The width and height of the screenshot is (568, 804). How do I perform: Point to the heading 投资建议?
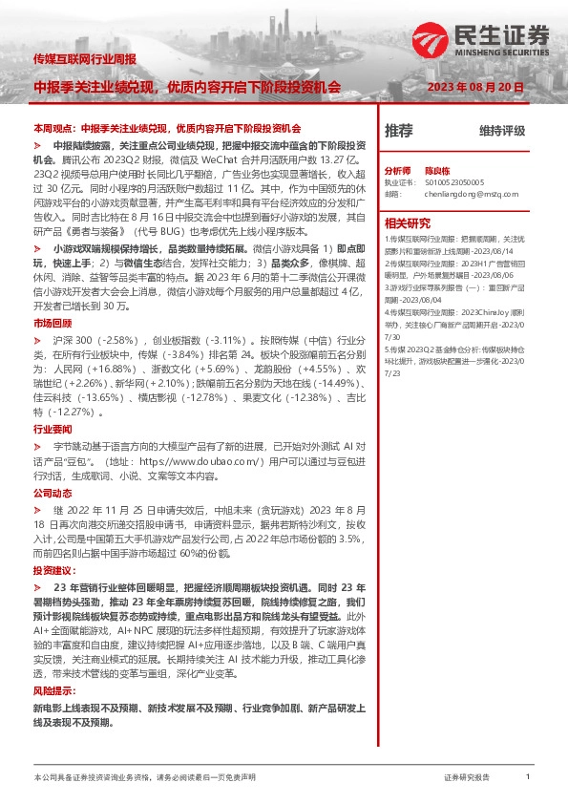click(53, 569)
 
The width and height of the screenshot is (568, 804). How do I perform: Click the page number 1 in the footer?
click(527, 777)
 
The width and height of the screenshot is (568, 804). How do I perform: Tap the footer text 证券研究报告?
click(467, 778)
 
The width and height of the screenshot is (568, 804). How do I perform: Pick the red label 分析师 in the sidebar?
click(397, 167)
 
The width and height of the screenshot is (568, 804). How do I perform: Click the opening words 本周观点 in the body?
click(53, 127)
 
